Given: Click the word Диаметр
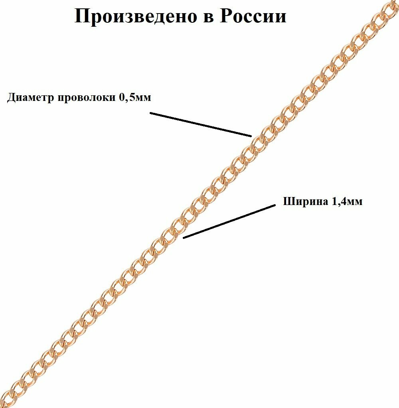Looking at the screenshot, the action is pyautogui.click(x=31, y=98).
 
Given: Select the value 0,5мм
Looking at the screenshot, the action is pyautogui.click(x=135, y=98).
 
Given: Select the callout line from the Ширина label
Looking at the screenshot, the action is pyautogui.click(x=229, y=222).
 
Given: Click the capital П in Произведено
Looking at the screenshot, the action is pyautogui.click(x=83, y=17).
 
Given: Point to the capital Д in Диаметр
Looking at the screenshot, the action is pyautogui.click(x=12, y=98).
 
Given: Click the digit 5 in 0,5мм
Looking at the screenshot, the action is pyautogui.click(x=128, y=98).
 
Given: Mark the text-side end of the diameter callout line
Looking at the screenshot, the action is pyautogui.click(x=151, y=113).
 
